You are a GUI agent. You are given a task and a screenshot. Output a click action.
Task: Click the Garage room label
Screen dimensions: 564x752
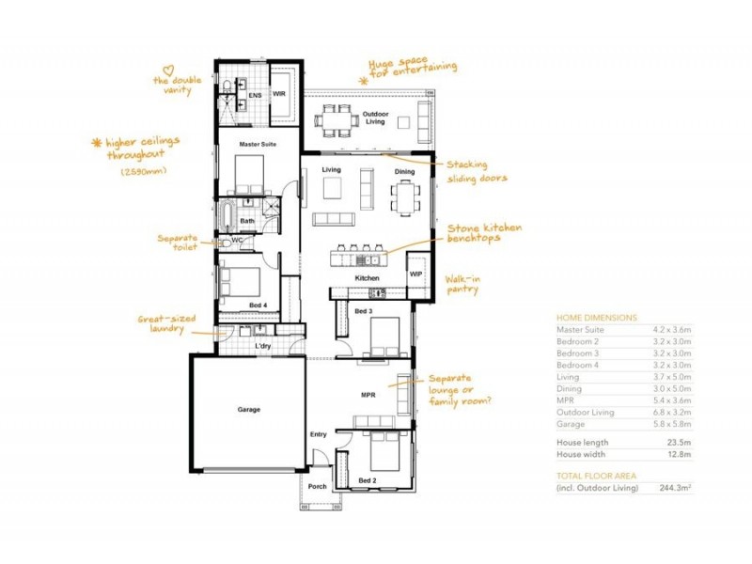[248, 410]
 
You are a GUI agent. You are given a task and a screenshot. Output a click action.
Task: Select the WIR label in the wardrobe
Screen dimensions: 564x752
[279, 94]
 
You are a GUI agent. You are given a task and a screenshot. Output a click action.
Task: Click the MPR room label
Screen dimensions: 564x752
[368, 396]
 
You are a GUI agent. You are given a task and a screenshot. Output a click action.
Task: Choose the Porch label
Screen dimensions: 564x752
[317, 487]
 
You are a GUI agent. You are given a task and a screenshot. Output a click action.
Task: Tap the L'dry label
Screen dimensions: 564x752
[263, 347]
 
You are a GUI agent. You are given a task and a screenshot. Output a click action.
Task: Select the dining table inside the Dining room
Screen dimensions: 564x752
[405, 198]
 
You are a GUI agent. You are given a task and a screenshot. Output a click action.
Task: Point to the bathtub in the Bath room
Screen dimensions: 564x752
[227, 216]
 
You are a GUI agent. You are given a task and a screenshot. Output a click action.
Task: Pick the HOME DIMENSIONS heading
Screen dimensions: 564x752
[597, 318]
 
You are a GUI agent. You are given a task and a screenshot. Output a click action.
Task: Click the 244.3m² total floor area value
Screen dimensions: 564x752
[673, 488]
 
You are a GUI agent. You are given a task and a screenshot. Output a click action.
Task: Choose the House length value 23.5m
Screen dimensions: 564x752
[679, 442]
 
